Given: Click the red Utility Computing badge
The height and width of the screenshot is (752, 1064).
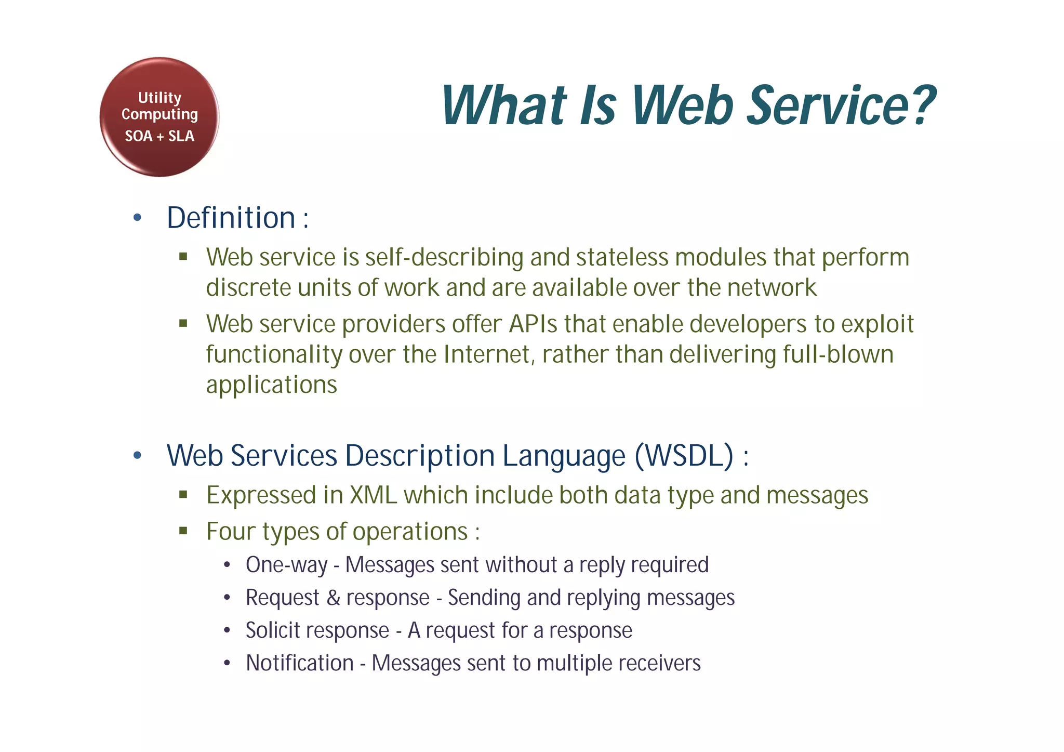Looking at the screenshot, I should tap(159, 117).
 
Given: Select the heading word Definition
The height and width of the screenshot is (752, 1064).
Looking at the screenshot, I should tap(231, 218).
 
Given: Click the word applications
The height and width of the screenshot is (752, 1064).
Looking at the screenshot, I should tap(271, 385).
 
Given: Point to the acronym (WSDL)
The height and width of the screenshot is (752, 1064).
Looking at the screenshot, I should tap(684, 456).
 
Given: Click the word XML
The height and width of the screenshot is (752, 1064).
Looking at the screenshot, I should tap(373, 495).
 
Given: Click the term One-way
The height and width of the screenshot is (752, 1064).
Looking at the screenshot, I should tap(286, 565).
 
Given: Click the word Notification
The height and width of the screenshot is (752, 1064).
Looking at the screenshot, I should tap(300, 664).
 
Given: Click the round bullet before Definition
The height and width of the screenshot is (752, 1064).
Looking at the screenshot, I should tap(137, 218).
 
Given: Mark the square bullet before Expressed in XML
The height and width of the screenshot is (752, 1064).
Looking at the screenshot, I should tap(183, 495).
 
